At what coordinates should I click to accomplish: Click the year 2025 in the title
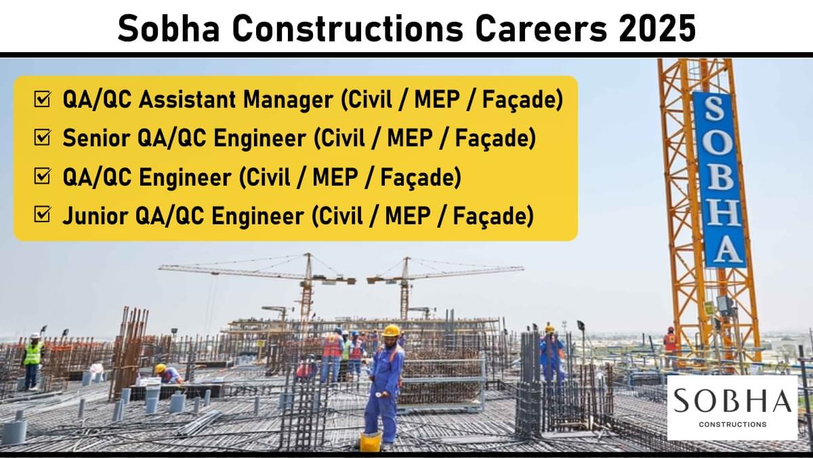tap(658, 28)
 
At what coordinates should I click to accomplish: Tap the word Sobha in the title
tap(169, 28)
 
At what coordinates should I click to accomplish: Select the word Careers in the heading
tap(541, 28)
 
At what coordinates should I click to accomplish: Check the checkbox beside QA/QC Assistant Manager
tap(42, 99)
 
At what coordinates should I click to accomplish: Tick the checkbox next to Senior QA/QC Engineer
tap(42, 138)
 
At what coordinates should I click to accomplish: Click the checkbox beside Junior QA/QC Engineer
tap(42, 214)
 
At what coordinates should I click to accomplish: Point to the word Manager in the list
tap(288, 100)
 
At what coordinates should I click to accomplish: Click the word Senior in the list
tap(96, 138)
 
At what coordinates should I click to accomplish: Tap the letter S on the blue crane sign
tap(714, 109)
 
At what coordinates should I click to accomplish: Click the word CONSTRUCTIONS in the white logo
tap(732, 424)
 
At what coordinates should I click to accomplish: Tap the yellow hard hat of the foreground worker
tap(391, 330)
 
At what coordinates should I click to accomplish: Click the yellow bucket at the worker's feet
tap(370, 440)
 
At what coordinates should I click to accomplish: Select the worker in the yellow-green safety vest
tap(33, 360)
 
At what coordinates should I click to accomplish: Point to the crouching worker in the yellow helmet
tap(169, 374)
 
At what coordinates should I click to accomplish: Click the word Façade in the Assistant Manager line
tap(522, 100)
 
